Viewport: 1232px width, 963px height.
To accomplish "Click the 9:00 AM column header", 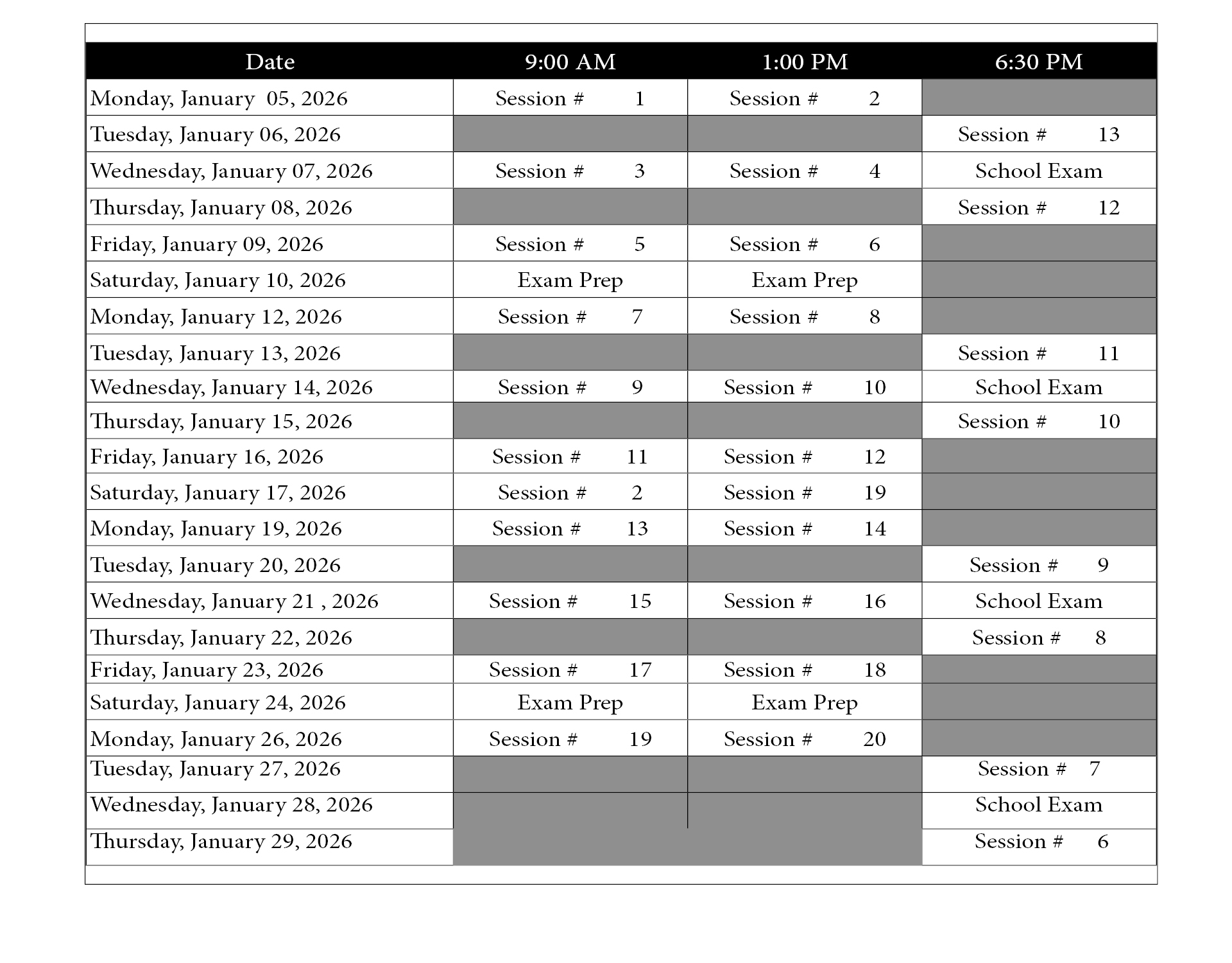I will point(570,62).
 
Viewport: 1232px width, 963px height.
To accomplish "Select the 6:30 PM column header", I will point(1038,62).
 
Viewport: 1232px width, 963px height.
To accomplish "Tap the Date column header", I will point(269,62).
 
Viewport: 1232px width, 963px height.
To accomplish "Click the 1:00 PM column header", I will point(804,62).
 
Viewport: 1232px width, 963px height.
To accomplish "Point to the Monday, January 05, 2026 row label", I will point(219,98).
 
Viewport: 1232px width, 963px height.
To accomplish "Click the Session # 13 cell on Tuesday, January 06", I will point(1038,134).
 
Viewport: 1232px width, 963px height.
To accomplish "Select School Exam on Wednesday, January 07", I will point(1038,171).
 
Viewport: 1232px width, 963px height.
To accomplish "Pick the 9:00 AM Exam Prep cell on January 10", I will point(570,280).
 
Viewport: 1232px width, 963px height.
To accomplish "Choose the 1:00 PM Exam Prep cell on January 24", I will point(804,702).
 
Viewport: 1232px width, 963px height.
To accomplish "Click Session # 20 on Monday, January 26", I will point(804,739).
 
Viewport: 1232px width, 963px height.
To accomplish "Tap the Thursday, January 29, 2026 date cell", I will point(221,841).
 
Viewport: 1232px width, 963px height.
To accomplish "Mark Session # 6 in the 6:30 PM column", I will point(1038,841).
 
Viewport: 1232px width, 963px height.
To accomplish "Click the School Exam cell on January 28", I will point(1038,804).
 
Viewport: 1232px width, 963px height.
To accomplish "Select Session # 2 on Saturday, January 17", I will point(570,492).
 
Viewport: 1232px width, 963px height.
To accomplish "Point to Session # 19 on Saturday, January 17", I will point(804,492).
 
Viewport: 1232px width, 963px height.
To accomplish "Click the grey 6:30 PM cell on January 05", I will point(1038,98).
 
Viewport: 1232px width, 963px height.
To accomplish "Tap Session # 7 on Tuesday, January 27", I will point(1038,768).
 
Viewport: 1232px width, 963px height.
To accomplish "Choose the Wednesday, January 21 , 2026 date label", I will point(234,601).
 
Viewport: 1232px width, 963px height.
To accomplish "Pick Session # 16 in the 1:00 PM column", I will point(804,601).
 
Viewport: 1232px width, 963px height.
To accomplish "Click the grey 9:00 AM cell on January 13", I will point(570,352).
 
